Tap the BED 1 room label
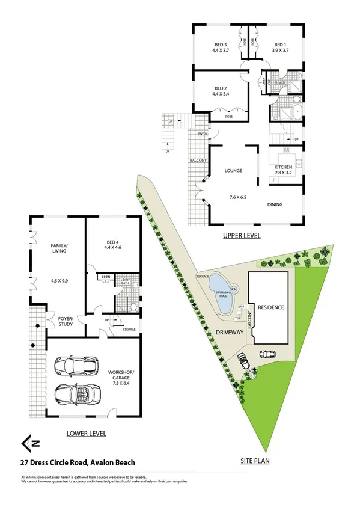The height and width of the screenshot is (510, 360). coord(281,45)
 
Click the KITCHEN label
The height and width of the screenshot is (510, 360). coord(283,167)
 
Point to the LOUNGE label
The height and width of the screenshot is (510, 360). coord(233,170)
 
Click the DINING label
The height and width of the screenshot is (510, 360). coord(275,204)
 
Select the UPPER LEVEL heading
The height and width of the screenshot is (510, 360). coord(241,236)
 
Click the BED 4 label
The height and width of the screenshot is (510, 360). coord(113,241)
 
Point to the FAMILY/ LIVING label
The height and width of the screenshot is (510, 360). coord(59,248)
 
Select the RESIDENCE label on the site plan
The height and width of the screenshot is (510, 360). coord(270,307)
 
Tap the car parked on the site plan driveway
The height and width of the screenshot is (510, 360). coord(244,361)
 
